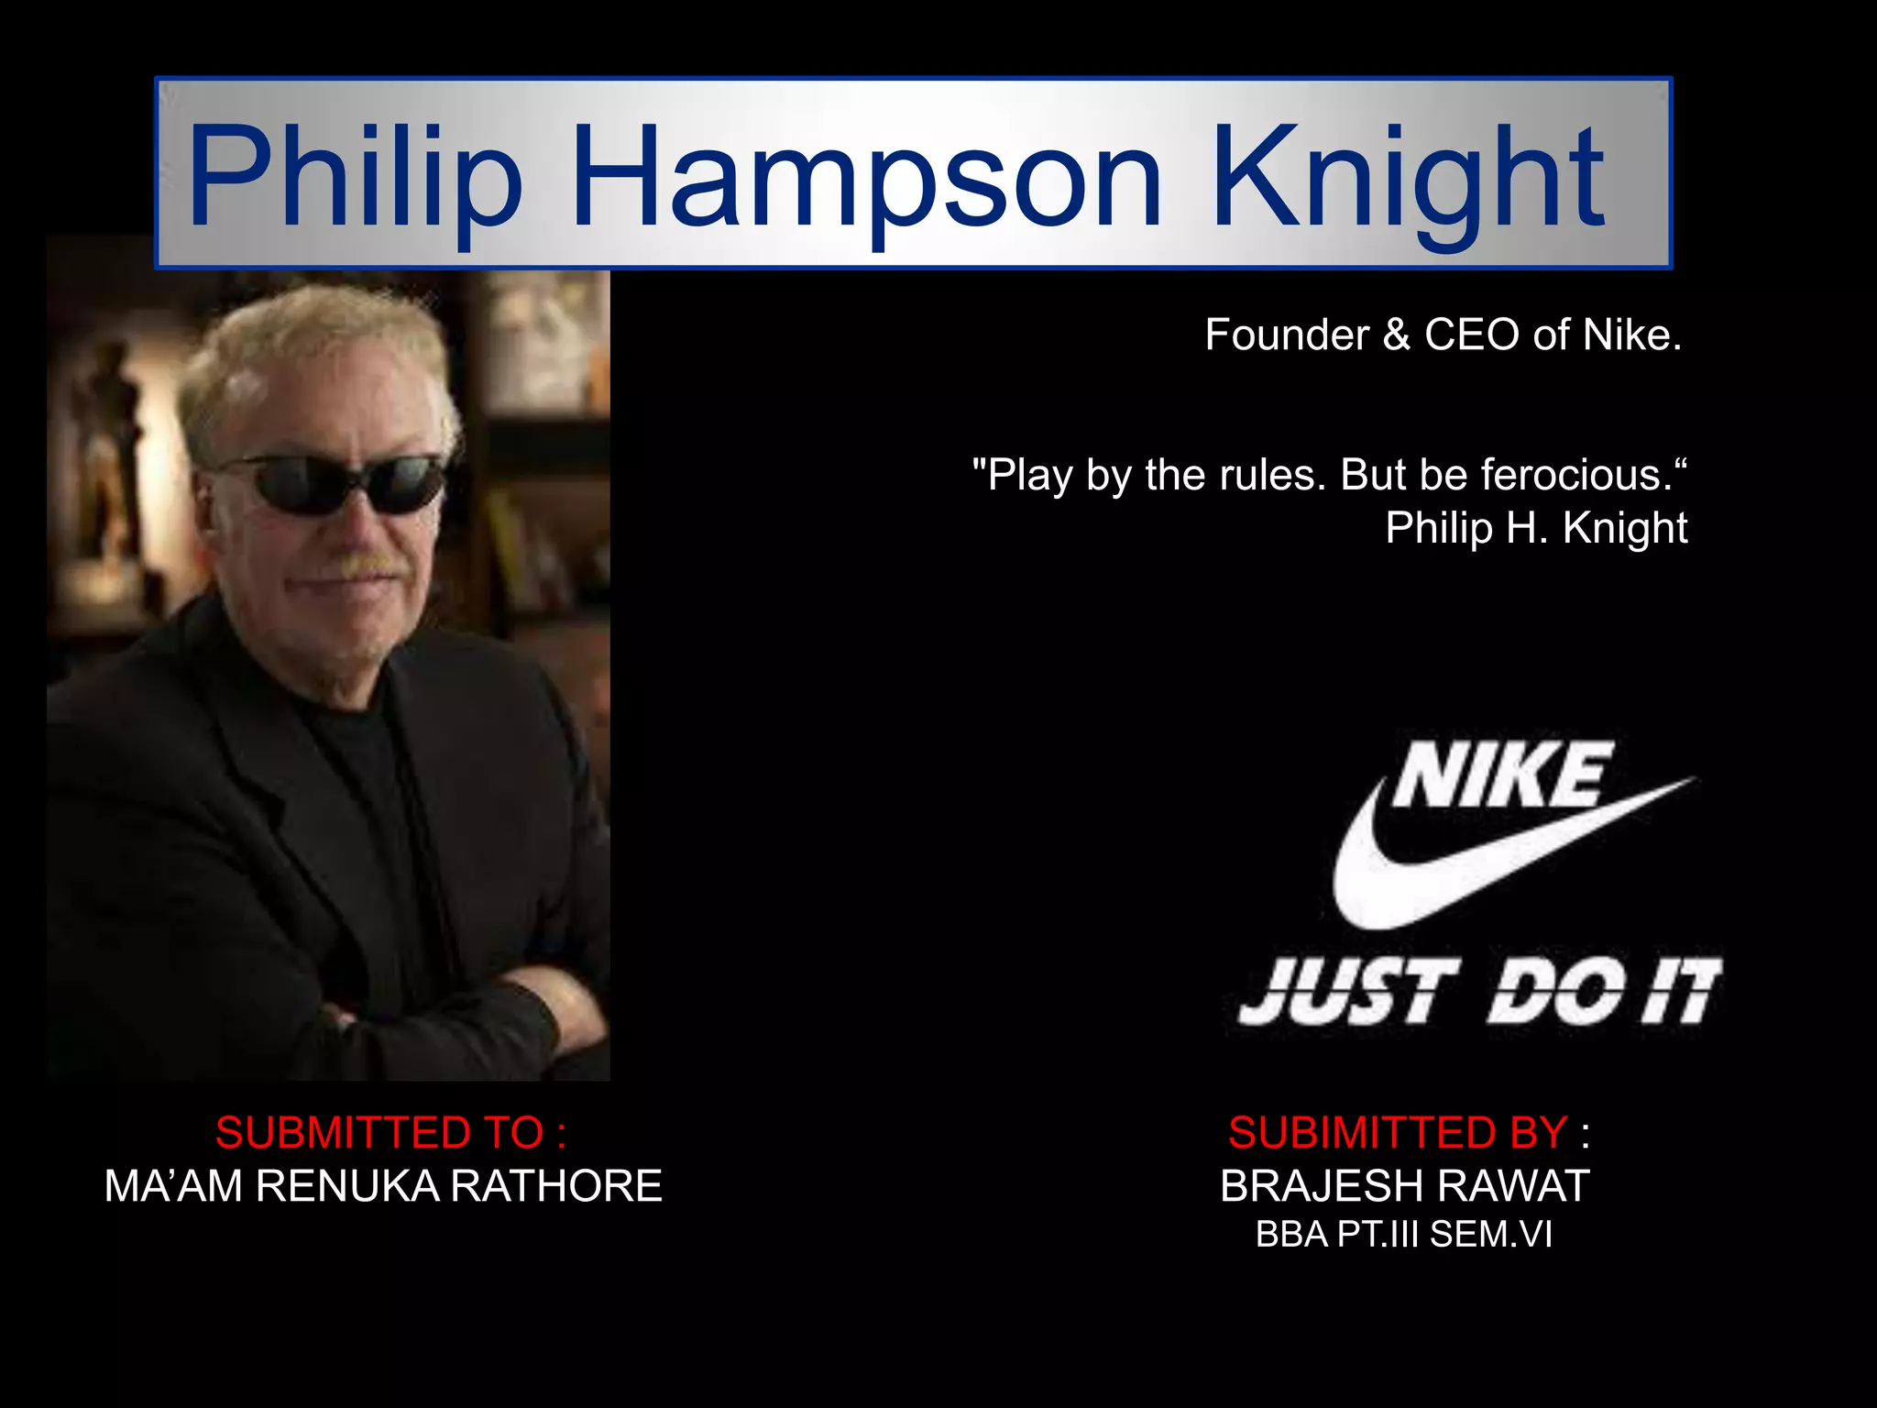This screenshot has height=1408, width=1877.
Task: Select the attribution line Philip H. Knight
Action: click(x=1536, y=528)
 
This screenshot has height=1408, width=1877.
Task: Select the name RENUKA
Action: click(x=348, y=1186)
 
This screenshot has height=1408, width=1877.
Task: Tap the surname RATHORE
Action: click(x=556, y=1186)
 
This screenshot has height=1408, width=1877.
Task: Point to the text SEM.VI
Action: click(x=1491, y=1235)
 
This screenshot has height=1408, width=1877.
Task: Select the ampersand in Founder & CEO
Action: click(x=1397, y=335)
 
